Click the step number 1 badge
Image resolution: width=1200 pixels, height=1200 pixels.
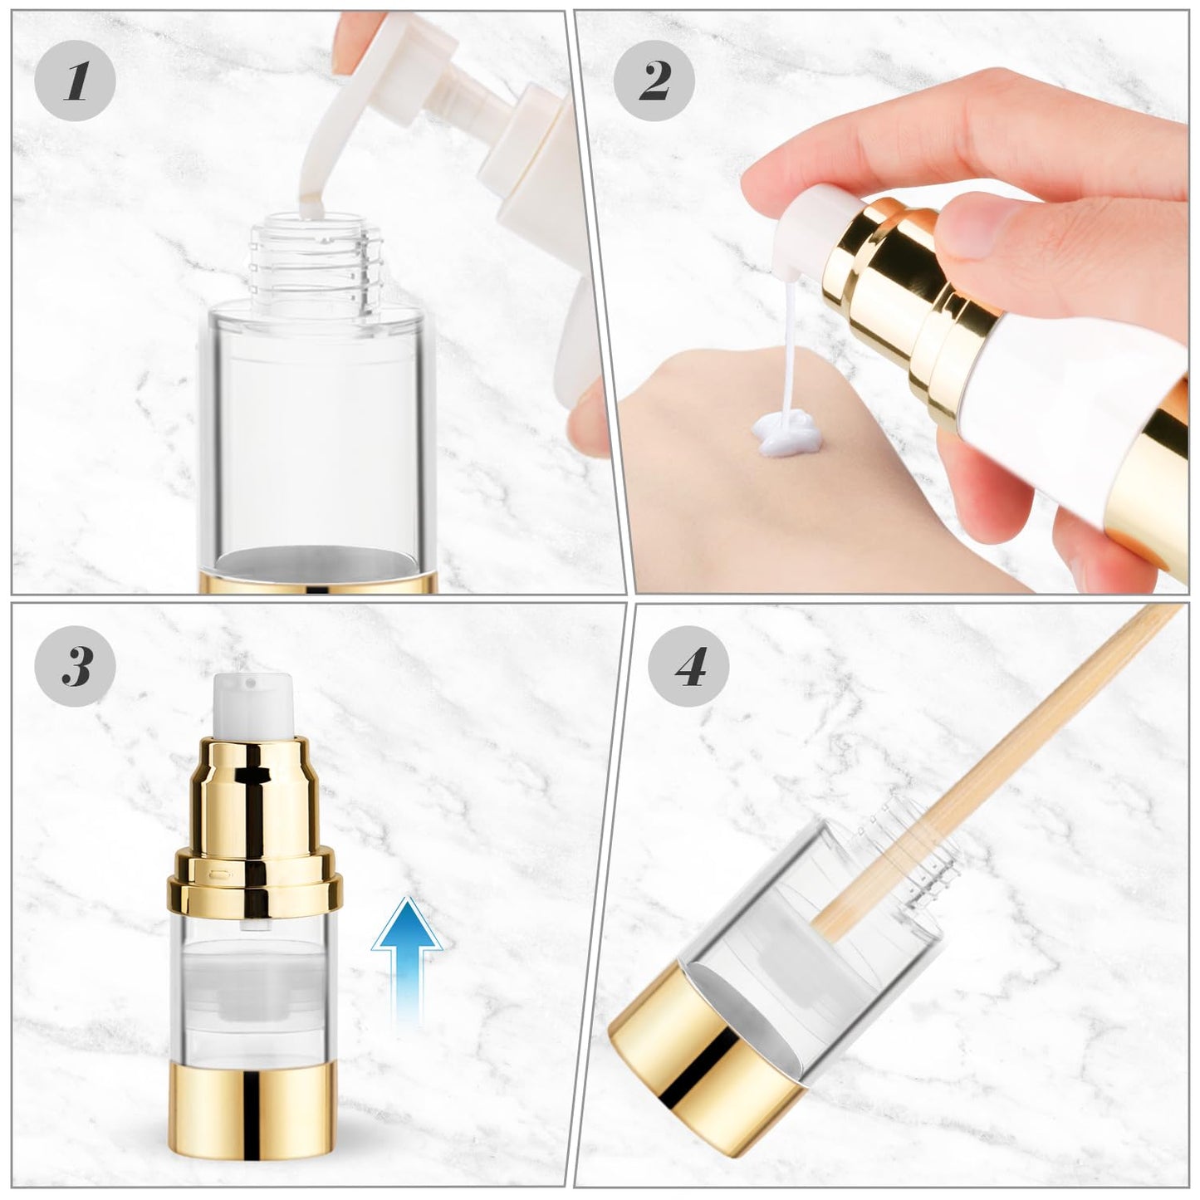point(76,81)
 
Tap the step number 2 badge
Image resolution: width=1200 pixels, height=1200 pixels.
point(654,81)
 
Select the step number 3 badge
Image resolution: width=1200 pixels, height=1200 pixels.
point(76,666)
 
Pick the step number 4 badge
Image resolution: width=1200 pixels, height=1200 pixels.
point(688,666)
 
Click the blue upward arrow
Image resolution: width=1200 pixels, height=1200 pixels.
point(406,955)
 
